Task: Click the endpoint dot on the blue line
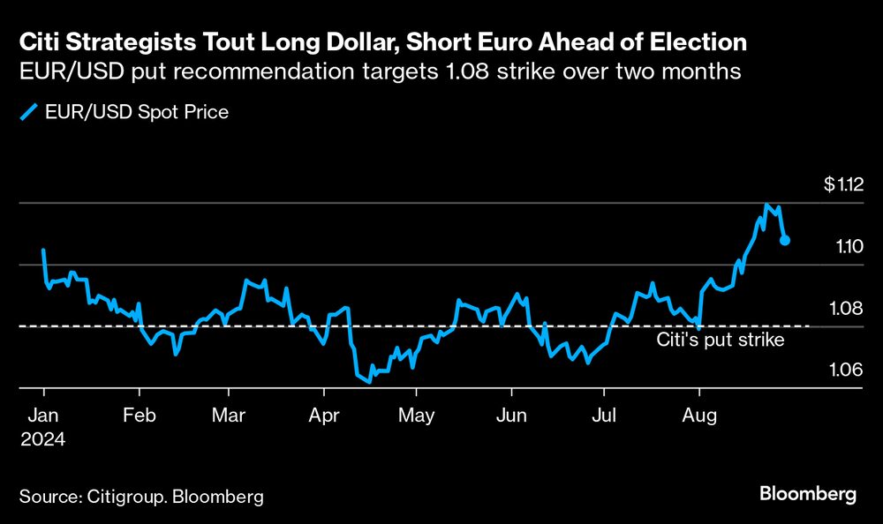(x=785, y=240)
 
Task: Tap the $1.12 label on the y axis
(x=842, y=185)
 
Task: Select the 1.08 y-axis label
(x=850, y=308)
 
